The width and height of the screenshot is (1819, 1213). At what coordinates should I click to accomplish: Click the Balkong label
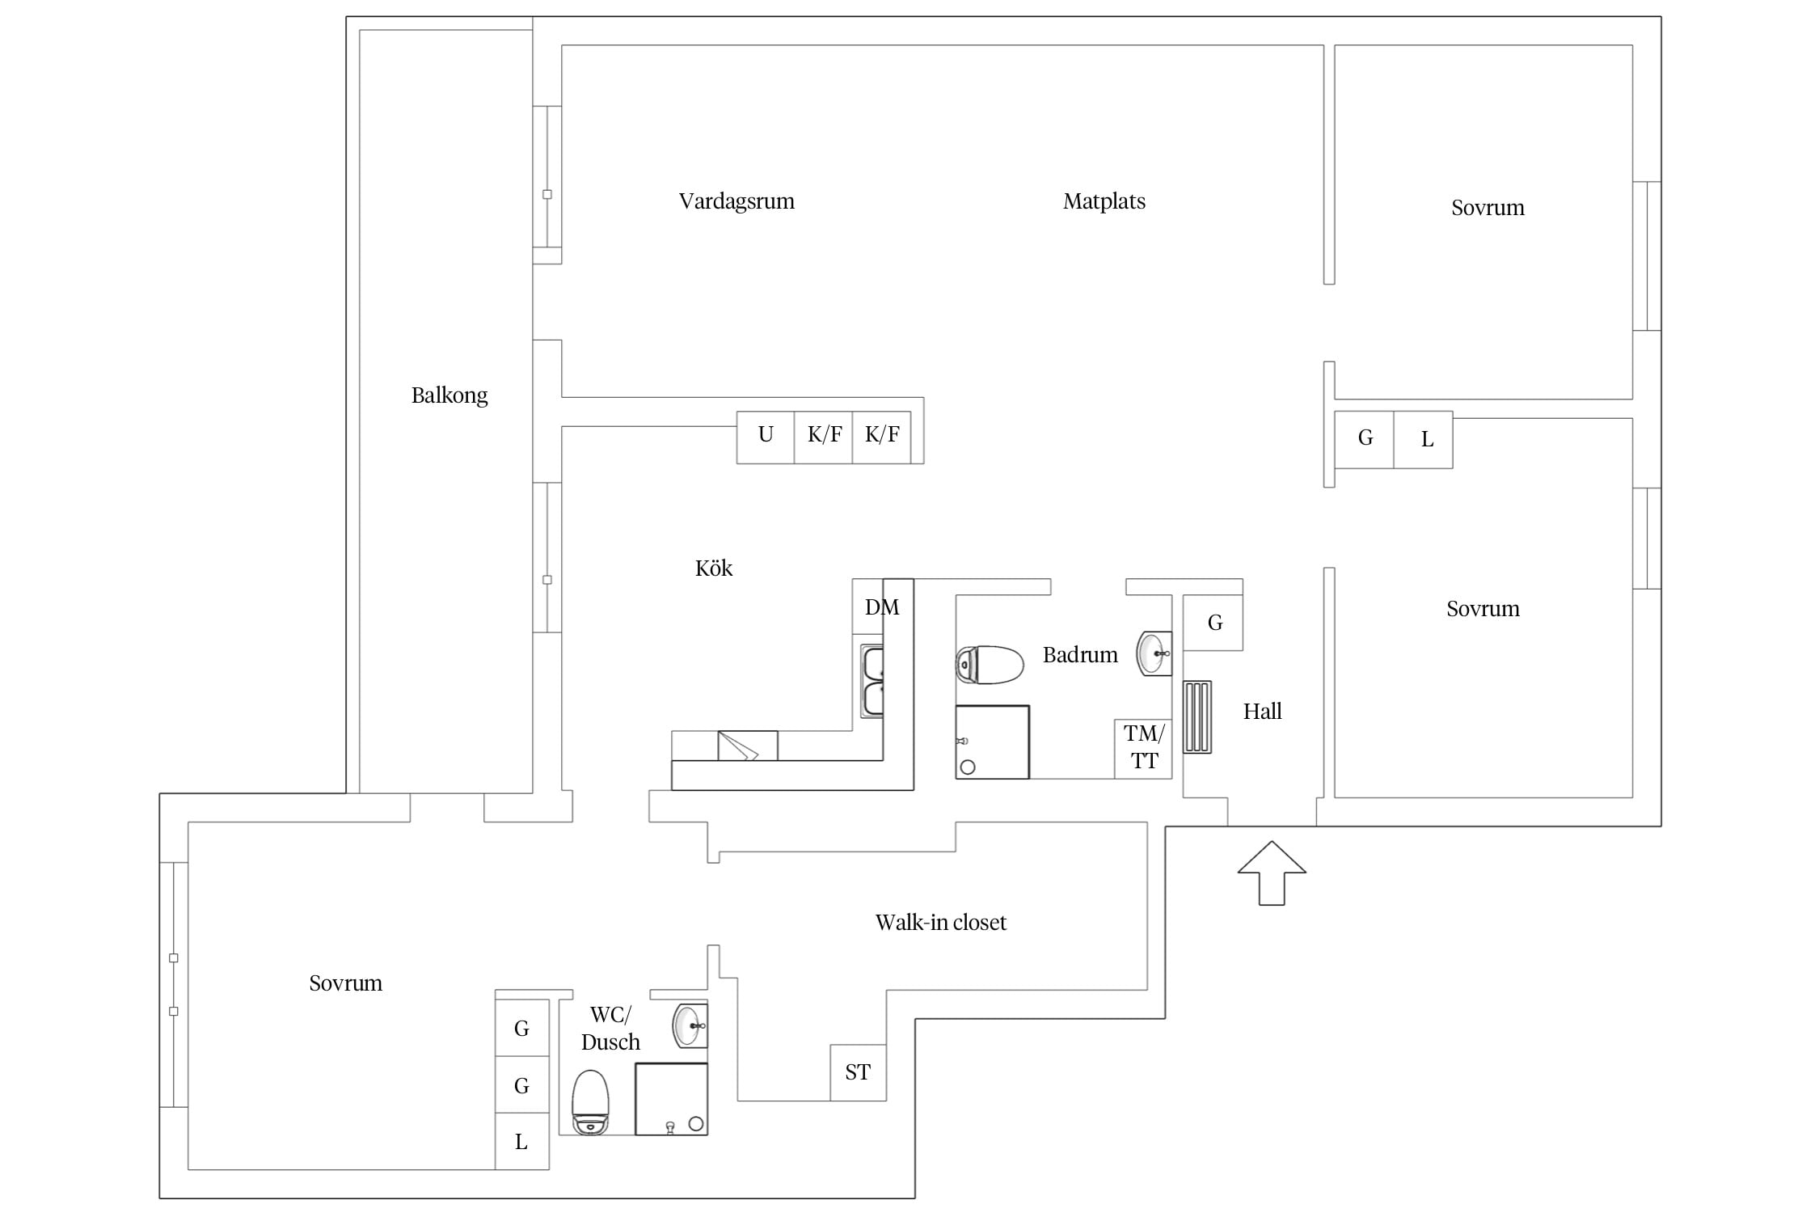pyautogui.click(x=449, y=395)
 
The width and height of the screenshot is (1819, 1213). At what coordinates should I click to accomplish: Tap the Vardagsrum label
pyautogui.click(x=736, y=201)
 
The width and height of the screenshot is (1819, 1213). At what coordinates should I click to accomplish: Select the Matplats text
pyautogui.click(x=1104, y=201)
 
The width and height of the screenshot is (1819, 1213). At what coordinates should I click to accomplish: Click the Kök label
pyautogui.click(x=714, y=568)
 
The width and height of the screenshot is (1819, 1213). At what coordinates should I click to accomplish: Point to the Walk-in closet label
pyautogui.click(x=941, y=923)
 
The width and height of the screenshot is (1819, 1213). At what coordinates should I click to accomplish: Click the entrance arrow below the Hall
pyautogui.click(x=1272, y=873)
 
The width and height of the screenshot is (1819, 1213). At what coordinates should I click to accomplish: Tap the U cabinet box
pyautogui.click(x=766, y=437)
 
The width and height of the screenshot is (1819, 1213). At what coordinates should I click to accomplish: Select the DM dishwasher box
pyautogui.click(x=882, y=606)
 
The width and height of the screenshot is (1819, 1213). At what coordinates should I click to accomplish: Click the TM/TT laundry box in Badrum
pyautogui.click(x=1143, y=749)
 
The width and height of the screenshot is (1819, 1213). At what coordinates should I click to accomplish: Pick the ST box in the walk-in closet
pyautogui.click(x=858, y=1072)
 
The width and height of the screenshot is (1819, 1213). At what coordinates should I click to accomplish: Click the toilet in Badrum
pyautogui.click(x=990, y=665)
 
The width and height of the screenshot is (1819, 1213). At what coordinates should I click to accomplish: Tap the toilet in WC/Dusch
pyautogui.click(x=590, y=1102)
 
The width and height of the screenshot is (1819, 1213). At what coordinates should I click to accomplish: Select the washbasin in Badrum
pyautogui.click(x=1154, y=653)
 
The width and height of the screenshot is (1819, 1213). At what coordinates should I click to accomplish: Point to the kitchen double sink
pyautogui.click(x=872, y=681)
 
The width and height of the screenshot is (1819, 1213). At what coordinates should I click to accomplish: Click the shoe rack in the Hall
pyautogui.click(x=1197, y=717)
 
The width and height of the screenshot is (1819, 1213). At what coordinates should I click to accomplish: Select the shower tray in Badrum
pyautogui.click(x=992, y=742)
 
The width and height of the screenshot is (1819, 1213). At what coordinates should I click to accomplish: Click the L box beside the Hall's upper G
pyautogui.click(x=1424, y=440)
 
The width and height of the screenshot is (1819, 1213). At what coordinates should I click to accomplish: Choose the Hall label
pyautogui.click(x=1262, y=712)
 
